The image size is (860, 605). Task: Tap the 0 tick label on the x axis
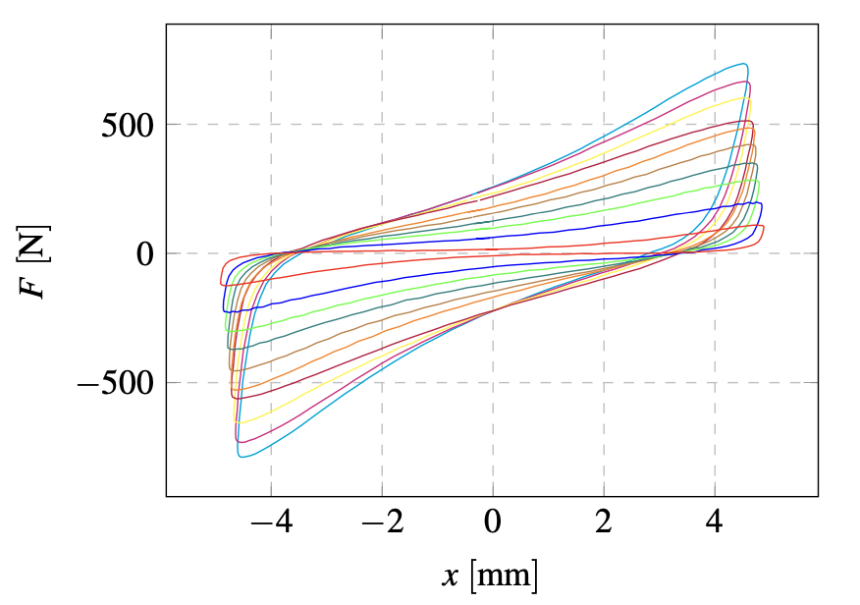coord(493,522)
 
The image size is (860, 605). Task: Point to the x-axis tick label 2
coord(604,522)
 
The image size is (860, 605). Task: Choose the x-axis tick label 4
coord(715,522)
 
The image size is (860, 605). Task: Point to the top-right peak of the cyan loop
coord(746,65)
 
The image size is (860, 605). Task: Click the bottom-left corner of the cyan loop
coord(241,456)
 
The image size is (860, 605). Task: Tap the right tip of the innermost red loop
coord(764,228)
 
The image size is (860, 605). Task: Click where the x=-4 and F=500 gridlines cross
coord(271,125)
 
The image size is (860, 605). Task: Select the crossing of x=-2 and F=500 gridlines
coord(382,125)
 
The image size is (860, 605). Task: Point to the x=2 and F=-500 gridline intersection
coord(604,382)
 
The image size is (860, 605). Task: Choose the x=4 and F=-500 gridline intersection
coord(715,382)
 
